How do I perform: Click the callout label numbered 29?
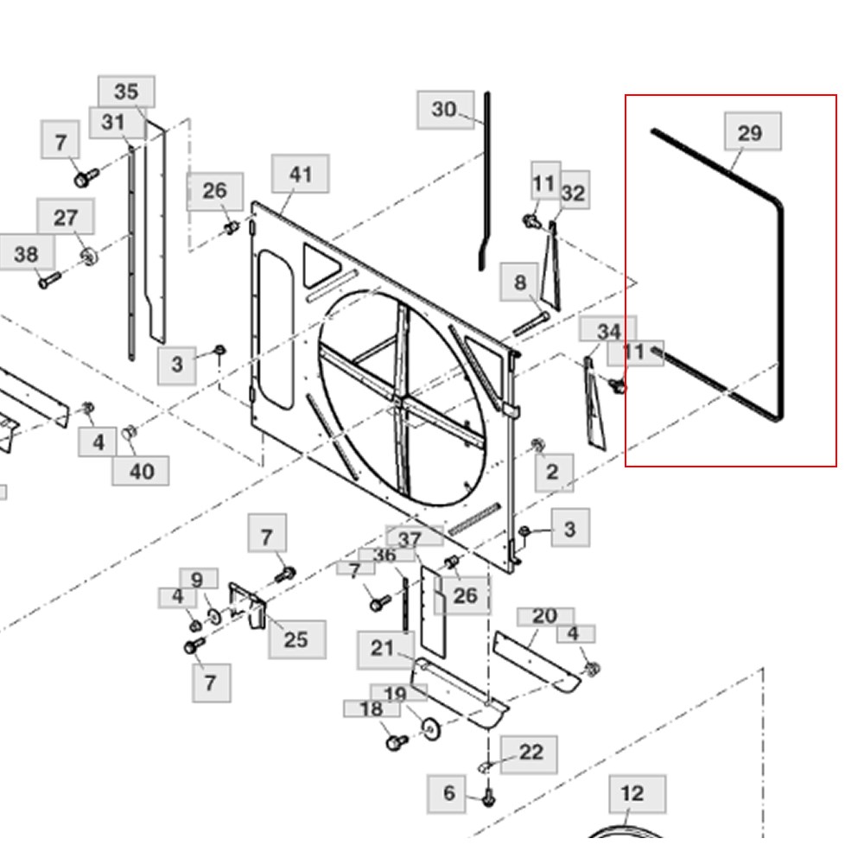coord(749,133)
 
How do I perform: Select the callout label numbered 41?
coord(300,175)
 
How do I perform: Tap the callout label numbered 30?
coord(443,110)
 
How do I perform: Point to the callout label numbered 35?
coord(126,92)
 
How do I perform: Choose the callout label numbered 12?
coord(632,793)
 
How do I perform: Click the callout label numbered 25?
coord(296,640)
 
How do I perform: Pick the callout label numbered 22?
coord(530,753)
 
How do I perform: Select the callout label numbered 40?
coord(141,471)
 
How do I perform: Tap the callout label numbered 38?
coord(27,254)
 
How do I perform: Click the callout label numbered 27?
coord(66,217)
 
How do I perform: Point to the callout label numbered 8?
coord(520,283)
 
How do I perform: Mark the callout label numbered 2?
coord(552,473)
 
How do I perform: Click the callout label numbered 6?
coord(448,793)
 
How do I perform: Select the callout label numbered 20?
coord(544,616)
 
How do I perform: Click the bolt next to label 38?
coord(50,279)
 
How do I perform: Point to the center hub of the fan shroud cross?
coord(400,398)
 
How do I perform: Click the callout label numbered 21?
coord(382,649)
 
